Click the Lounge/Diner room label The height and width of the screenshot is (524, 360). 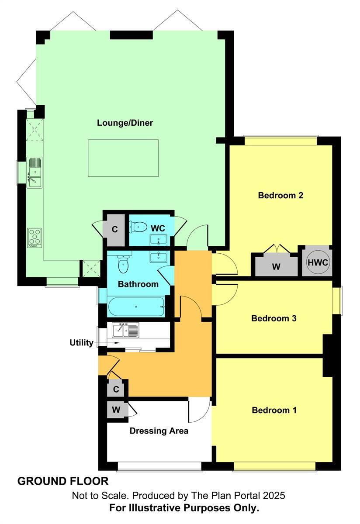click(x=125, y=123)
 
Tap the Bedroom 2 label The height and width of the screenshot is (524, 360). click(x=280, y=195)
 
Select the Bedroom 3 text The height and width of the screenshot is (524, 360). click(x=274, y=318)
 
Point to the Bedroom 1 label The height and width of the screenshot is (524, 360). click(x=274, y=410)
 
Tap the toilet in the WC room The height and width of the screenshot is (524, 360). click(x=139, y=226)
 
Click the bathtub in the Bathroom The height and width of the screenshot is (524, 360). click(x=136, y=307)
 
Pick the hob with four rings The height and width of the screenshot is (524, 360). click(x=35, y=237)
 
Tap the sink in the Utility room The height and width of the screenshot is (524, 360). click(x=125, y=330)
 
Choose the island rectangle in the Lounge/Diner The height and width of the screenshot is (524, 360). click(x=123, y=158)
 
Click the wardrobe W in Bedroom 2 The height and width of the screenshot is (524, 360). click(x=276, y=266)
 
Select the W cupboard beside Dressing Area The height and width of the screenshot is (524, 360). click(x=116, y=410)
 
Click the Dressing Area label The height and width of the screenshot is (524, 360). click(x=159, y=431)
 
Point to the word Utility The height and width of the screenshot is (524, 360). click(x=81, y=343)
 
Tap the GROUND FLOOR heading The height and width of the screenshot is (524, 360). click(x=63, y=481)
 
